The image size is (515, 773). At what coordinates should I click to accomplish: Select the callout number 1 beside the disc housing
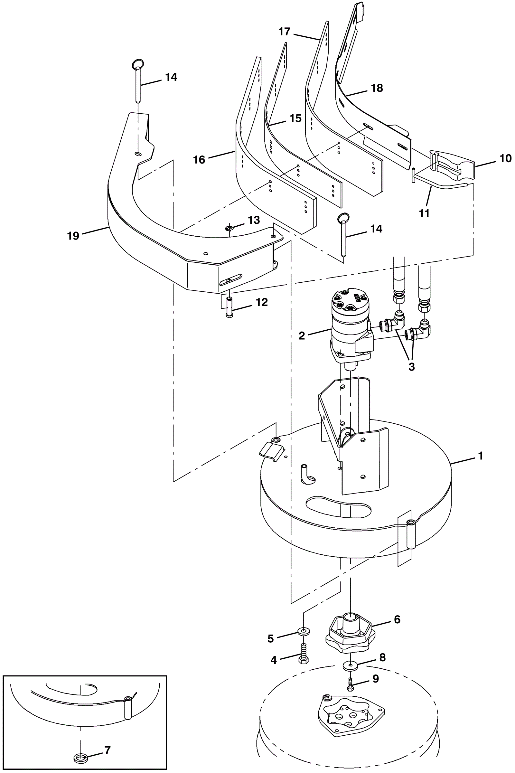pos(481,456)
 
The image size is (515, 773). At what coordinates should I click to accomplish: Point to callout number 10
pos(505,159)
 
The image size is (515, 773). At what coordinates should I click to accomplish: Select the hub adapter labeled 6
pos(348,632)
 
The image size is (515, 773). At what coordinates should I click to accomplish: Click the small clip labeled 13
pos(230,228)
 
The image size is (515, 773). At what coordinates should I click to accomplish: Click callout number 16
pos(199,160)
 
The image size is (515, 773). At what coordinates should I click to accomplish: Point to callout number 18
pos(377,88)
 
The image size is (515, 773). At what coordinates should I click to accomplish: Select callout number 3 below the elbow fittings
pos(412,367)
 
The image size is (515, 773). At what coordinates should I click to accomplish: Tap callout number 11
pos(424,213)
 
